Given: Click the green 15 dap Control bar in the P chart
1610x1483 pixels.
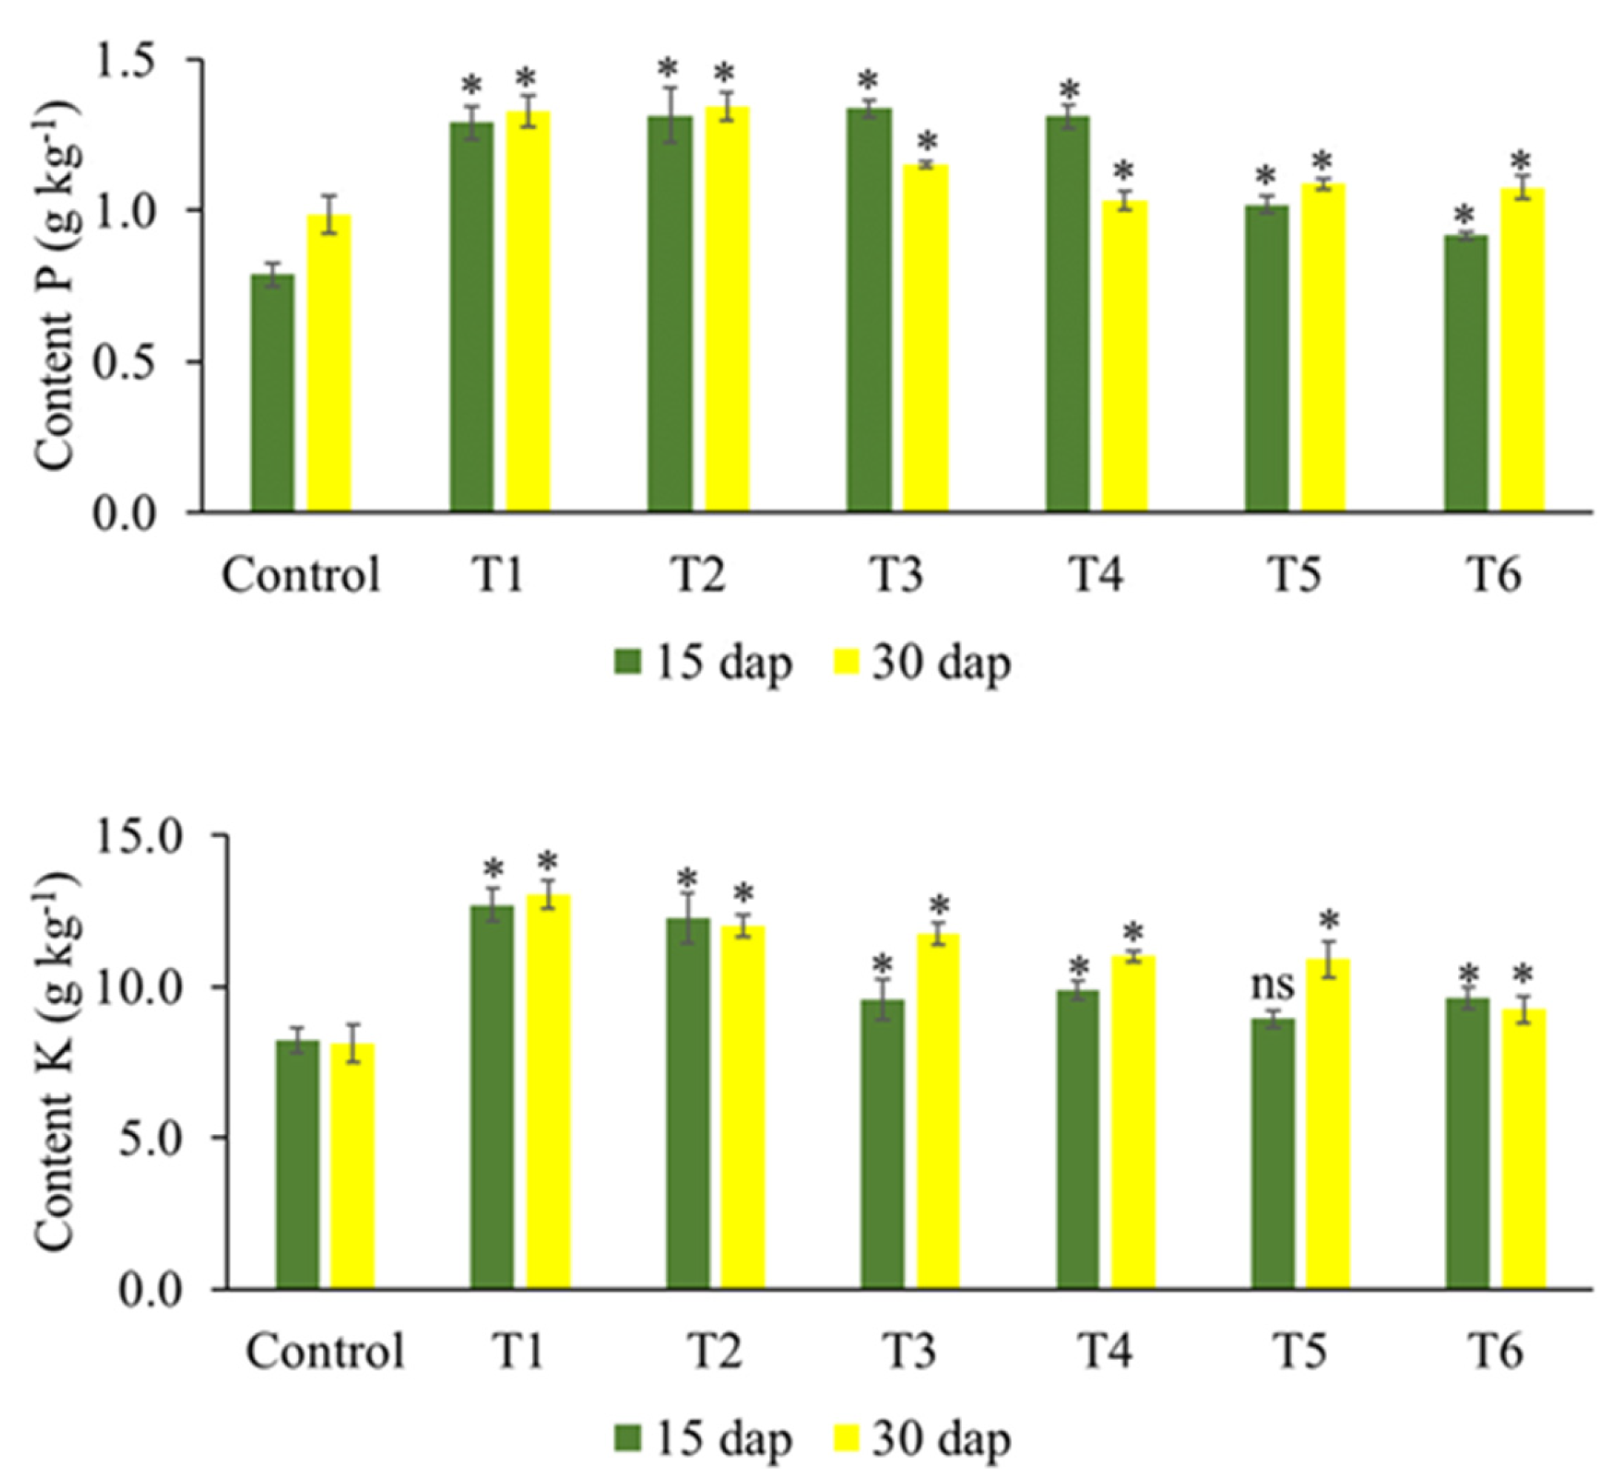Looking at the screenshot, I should coord(272,393).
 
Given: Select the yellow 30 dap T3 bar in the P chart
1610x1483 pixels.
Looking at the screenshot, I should coord(926,337).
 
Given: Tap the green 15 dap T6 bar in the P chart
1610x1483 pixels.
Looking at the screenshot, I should coord(1466,373).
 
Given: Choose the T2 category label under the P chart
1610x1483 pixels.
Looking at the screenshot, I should coord(697,576).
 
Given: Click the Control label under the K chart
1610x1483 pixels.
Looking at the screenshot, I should coord(325,1351).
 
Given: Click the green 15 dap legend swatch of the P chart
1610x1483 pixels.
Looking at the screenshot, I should coord(628,663).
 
